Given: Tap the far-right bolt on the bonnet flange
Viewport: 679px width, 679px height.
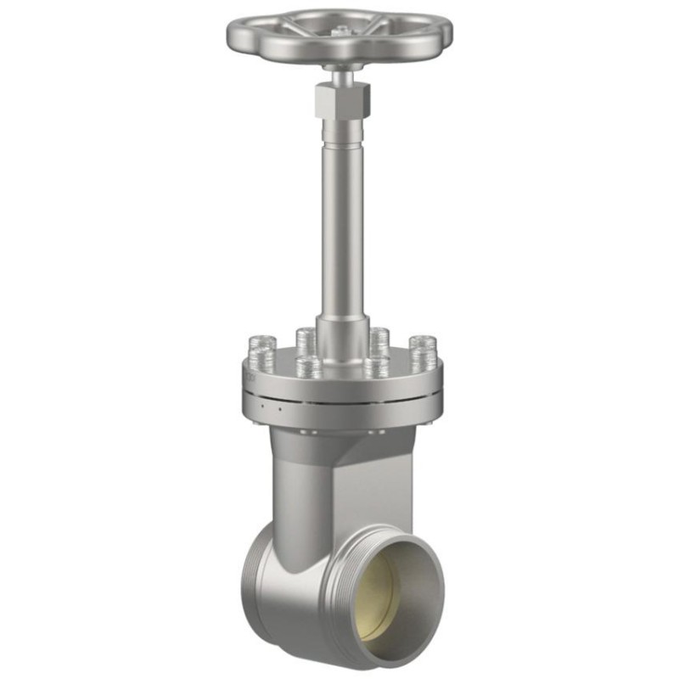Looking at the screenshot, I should coord(422,351).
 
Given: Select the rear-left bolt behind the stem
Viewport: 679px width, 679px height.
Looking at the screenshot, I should coord(306,339).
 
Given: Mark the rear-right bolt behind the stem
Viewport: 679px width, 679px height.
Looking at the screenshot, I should coord(379,339).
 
